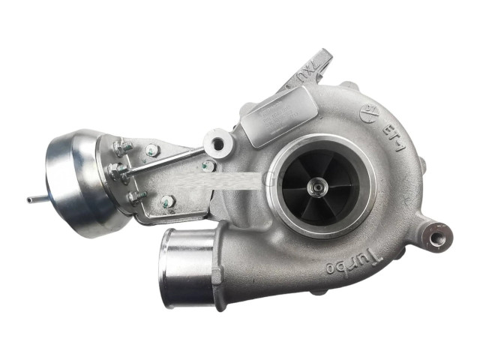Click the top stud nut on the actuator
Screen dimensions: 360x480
pyautogui.click(x=121, y=147)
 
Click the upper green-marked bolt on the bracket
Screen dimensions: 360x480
pyautogui.click(x=152, y=149)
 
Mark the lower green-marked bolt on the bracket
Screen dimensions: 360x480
pyautogui.click(x=167, y=201)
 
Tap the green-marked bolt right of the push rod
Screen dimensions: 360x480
pyautogui.click(x=208, y=166)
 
